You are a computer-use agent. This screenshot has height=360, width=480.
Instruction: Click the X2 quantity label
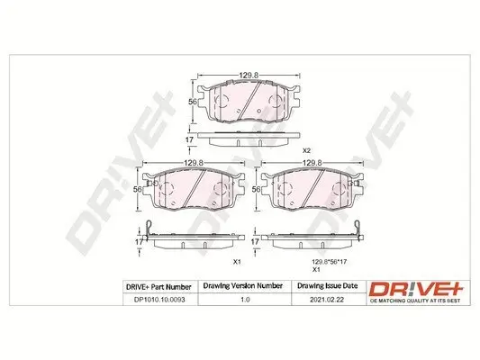tap(305, 149)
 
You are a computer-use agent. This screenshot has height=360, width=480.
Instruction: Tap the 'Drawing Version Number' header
tap(240, 287)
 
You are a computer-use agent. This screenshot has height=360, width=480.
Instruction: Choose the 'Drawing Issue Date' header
tap(326, 287)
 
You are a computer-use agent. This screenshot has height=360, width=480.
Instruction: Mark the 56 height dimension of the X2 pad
tap(192, 102)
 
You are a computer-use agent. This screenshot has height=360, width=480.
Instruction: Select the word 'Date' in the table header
tap(347, 287)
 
